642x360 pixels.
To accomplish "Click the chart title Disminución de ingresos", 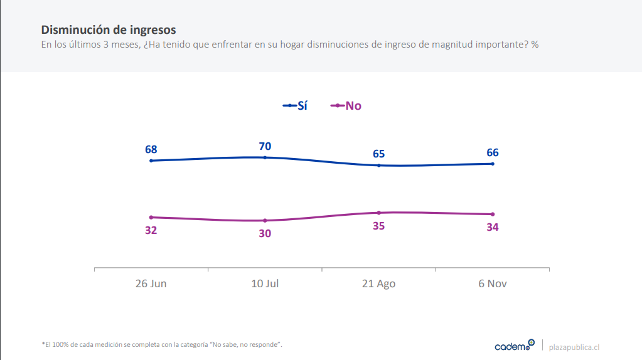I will tap(109, 29).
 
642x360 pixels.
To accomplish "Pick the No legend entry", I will tap(346, 105).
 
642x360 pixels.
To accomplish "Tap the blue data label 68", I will tap(151, 149).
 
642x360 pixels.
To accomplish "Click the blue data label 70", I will tap(265, 146).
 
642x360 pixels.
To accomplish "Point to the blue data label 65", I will tap(378, 154).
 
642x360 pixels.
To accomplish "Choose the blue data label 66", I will tap(493, 152).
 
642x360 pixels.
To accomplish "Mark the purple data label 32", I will tap(151, 230).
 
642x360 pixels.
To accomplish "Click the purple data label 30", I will tap(265, 233).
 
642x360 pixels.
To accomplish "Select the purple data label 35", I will tap(378, 226).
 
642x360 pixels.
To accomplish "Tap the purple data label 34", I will tap(493, 227).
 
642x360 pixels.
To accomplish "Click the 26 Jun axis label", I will tap(151, 283).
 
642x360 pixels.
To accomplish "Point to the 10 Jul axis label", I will tap(265, 283).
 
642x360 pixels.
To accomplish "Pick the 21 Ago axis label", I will tap(378, 283).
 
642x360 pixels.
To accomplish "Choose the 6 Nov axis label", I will tap(493, 283).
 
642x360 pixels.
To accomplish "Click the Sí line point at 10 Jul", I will tap(265, 157).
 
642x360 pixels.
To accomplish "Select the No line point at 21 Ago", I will tap(379, 213).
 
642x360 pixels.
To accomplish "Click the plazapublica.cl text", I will tap(574, 347).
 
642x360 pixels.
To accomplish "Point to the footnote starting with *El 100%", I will tap(162, 344).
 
